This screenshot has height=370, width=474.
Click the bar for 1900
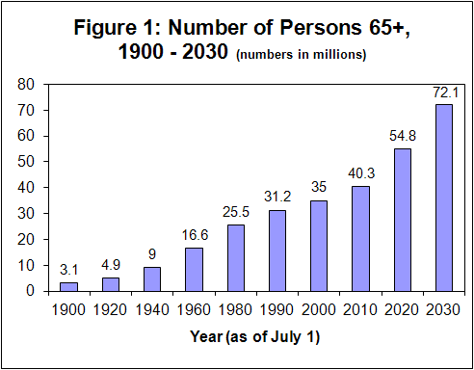[x=68, y=286]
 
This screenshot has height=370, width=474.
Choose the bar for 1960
[x=194, y=269]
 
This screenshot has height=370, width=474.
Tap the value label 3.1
[x=68, y=271]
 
